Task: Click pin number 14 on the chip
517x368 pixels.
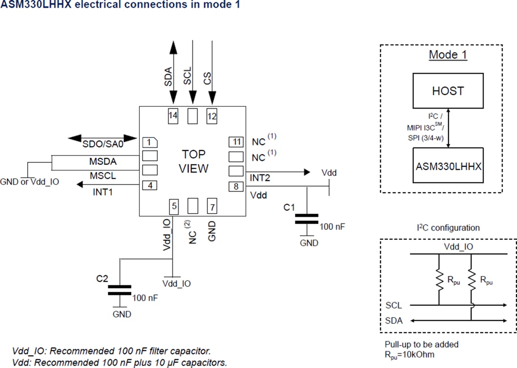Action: pos(173,115)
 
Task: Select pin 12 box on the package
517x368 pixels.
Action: pos(212,115)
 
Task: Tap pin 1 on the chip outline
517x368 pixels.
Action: pos(150,142)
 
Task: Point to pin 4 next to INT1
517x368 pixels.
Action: pos(150,185)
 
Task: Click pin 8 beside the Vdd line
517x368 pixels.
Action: pos(236,186)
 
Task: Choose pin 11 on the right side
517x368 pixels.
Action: pos(236,142)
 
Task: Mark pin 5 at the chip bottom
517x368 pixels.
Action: pos(175,206)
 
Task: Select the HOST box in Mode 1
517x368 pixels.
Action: pos(448,91)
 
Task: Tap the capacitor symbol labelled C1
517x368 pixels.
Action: pos(306,219)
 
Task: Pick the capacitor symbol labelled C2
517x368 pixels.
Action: pos(119,289)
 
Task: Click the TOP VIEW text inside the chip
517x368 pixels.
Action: pos(193,161)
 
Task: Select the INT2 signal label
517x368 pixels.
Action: pos(260,178)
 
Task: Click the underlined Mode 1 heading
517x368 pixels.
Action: pos(448,55)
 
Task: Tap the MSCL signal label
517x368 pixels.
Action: pos(102,176)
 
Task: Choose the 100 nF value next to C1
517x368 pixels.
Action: pos(332,227)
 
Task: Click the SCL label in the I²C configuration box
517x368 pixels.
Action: pos(393,305)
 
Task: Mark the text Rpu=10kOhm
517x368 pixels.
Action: pos(410,355)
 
